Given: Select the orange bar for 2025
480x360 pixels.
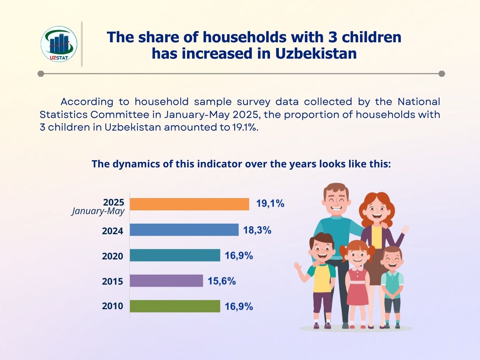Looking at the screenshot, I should pyautogui.click(x=190, y=204).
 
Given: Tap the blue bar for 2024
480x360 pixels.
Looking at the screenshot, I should pyautogui.click(x=184, y=230).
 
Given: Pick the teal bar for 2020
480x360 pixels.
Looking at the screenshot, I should pyautogui.click(x=175, y=255).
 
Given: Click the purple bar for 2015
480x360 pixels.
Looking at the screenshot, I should pyautogui.click(x=166, y=281).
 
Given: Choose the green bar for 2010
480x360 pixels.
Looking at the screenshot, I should pyautogui.click(x=175, y=306).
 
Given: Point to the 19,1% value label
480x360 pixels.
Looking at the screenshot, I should pyautogui.click(x=270, y=204).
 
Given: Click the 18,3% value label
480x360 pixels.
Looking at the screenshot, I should pyautogui.click(x=257, y=230).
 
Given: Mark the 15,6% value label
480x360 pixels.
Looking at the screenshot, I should pyautogui.click(x=222, y=281).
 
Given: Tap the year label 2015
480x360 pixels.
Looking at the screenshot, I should pyautogui.click(x=112, y=281).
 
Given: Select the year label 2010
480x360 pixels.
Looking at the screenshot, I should pyautogui.click(x=112, y=306).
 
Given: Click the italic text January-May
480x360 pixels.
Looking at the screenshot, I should pyautogui.click(x=98, y=211).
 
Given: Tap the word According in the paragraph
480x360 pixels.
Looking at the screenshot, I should pyautogui.click(x=87, y=102).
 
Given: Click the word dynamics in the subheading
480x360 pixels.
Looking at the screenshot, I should pyautogui.click(x=132, y=164).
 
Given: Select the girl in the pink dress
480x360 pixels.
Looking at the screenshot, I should pyautogui.click(x=357, y=276).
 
